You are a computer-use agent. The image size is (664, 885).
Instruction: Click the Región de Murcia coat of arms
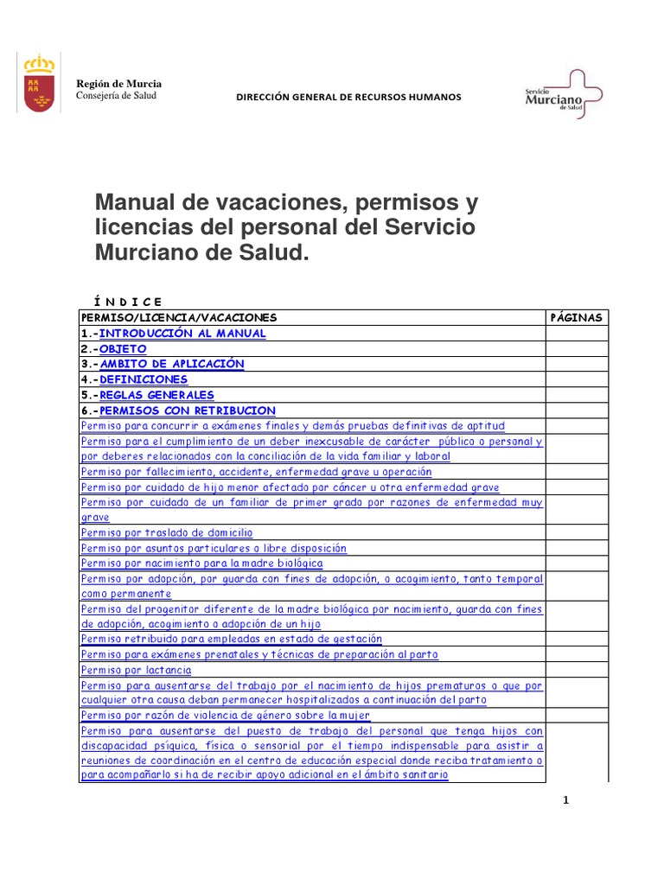[x=38, y=83]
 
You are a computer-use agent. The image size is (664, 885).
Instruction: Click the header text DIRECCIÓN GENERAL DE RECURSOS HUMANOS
[x=349, y=97]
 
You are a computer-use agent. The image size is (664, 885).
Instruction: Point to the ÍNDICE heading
[x=128, y=302]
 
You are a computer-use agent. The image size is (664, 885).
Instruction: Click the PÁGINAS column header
[x=577, y=317]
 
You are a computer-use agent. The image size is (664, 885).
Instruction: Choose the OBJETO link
[x=123, y=348]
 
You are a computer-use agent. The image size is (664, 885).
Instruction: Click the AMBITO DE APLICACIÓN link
[x=171, y=364]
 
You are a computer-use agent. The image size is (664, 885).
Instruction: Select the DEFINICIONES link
[x=143, y=379]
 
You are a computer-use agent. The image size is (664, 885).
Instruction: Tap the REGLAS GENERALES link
[x=156, y=395]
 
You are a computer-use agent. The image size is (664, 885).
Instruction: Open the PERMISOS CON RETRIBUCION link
[x=187, y=411]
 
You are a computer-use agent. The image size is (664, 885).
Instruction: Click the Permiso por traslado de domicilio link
[x=167, y=533]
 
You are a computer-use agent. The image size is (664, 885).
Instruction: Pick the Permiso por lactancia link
[x=137, y=670]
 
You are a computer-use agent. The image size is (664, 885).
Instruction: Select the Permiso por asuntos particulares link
[x=214, y=548]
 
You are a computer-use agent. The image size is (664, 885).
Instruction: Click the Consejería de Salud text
[x=117, y=95]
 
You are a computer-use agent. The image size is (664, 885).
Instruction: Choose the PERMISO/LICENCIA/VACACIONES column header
[x=179, y=317]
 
